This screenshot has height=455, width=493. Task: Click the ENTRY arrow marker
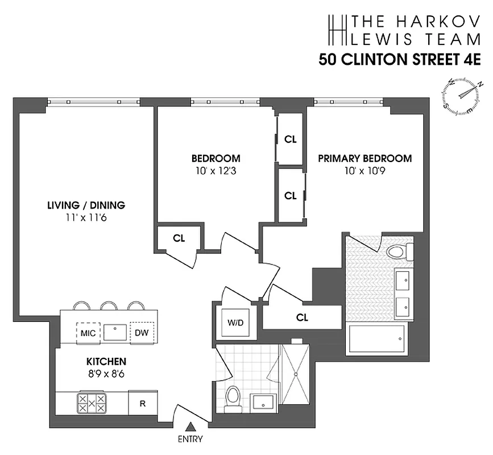(192, 427)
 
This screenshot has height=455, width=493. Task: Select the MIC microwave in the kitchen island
(88, 332)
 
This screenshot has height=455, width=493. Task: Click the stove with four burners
(92, 403)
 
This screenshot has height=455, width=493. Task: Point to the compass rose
(462, 93)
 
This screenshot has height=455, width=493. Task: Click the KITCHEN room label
(106, 361)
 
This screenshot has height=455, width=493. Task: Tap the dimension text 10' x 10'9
(364, 169)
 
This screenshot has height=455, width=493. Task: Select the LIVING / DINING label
(86, 205)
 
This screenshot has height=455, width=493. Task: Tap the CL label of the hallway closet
(302, 318)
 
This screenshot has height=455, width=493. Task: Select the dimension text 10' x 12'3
(216, 169)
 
